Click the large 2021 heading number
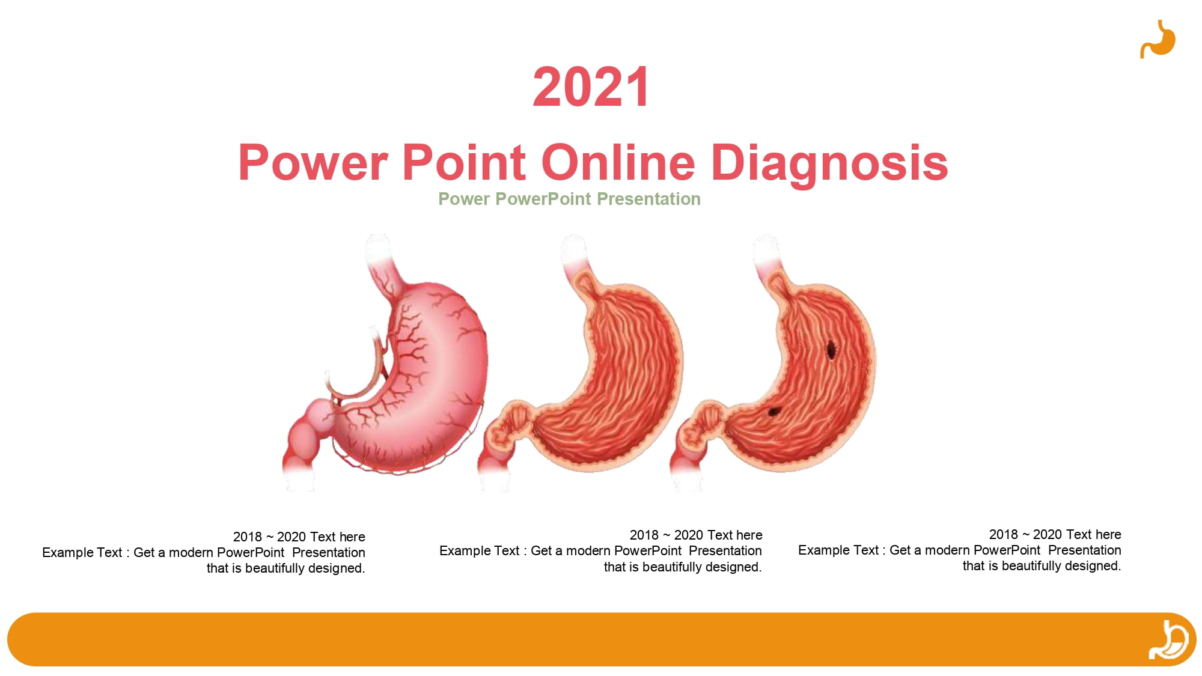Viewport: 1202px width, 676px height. pos(591,87)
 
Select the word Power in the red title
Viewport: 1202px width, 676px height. pos(313,162)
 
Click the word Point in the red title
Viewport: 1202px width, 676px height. pos(465,162)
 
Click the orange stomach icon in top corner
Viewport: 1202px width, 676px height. pos(1158,40)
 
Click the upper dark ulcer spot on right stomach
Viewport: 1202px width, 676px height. pos(831,349)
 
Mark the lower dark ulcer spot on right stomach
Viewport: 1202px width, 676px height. pos(773,412)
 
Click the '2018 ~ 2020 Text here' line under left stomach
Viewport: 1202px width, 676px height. pos(299,537)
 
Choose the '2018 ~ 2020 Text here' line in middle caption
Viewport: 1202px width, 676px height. pos(696,535)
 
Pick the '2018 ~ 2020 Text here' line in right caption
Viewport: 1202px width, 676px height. pos(1055,534)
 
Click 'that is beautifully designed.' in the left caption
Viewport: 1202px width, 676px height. pos(286,568)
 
